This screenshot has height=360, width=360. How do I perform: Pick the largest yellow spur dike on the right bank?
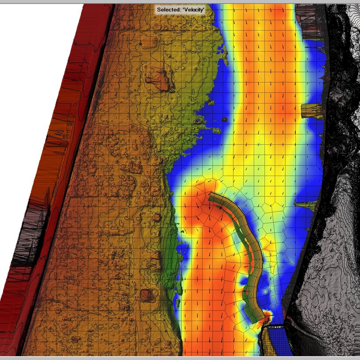click(313, 111)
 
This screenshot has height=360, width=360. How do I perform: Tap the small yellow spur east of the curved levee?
click(304, 205)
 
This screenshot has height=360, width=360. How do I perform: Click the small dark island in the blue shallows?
click(225, 119)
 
